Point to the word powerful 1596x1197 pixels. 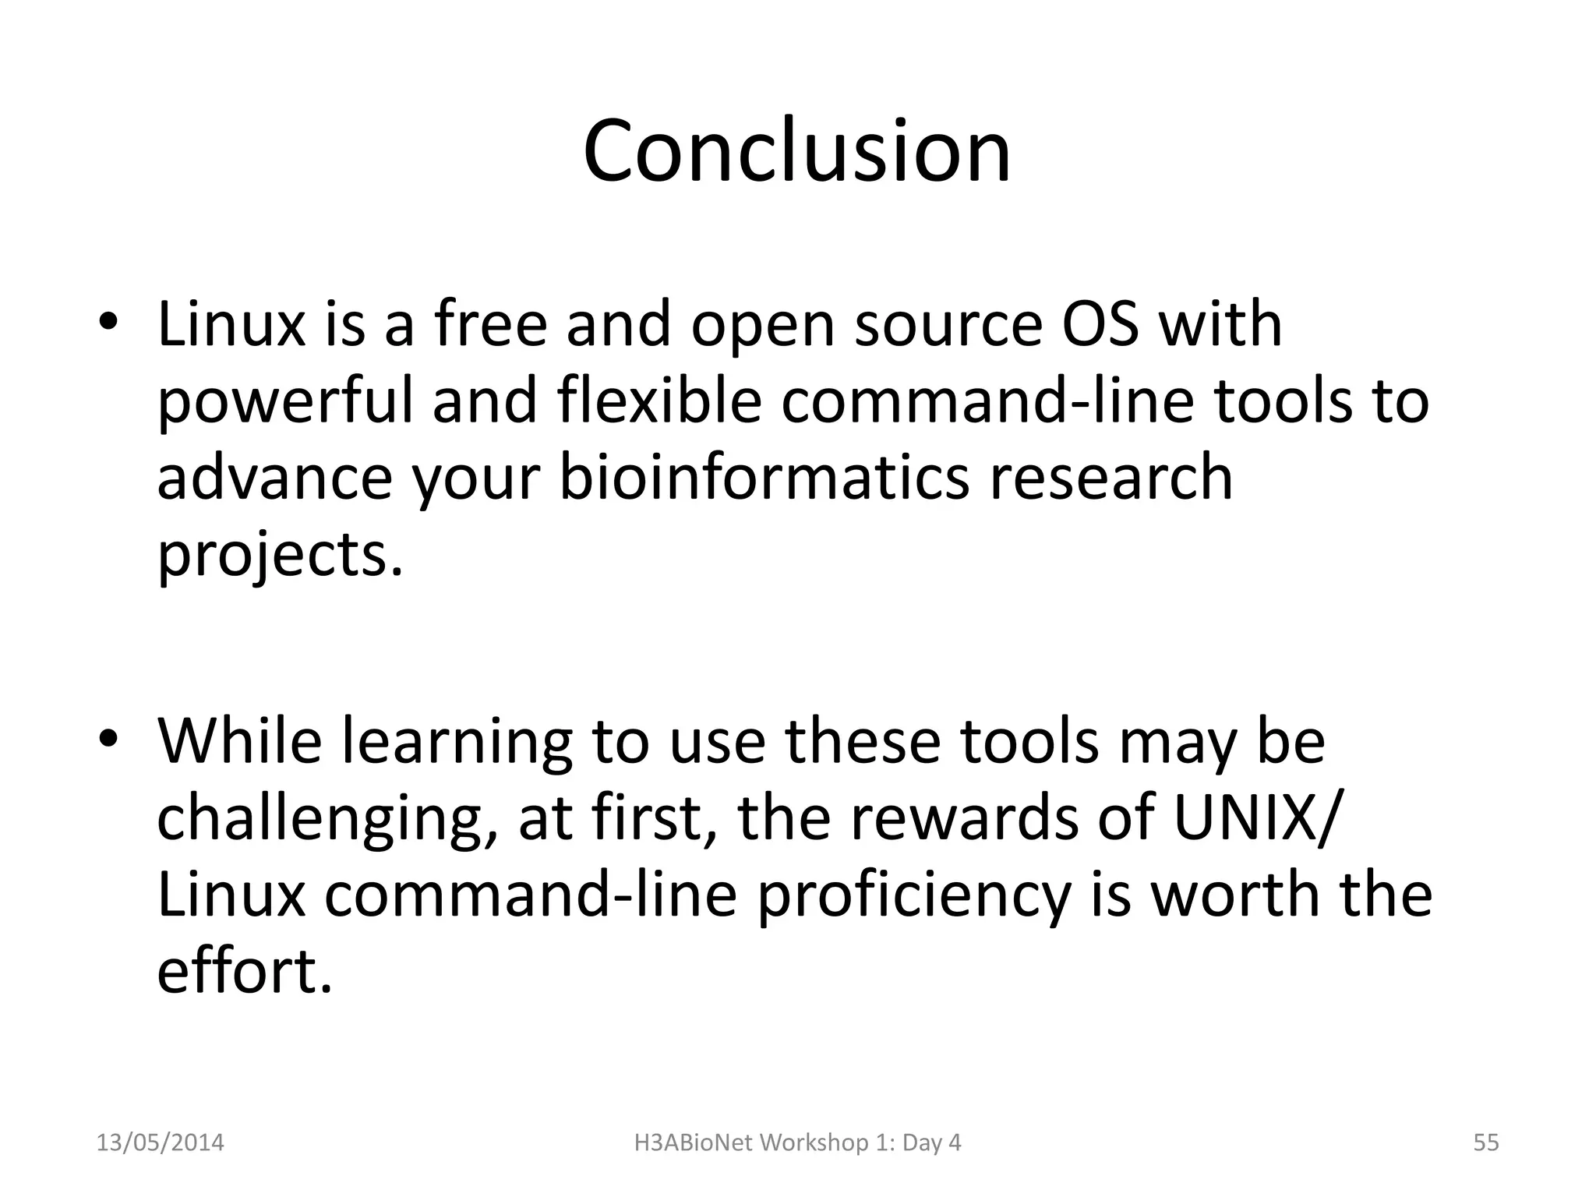pyautogui.click(x=284, y=402)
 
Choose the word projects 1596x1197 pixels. pyautogui.click(x=279, y=555)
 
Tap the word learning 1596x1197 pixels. pyautogui.click(x=456, y=743)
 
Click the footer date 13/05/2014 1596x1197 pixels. pyautogui.click(x=160, y=1142)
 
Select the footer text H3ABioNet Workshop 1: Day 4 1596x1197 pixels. pyautogui.click(x=797, y=1142)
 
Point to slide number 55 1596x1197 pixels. pyautogui.click(x=1485, y=1142)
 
